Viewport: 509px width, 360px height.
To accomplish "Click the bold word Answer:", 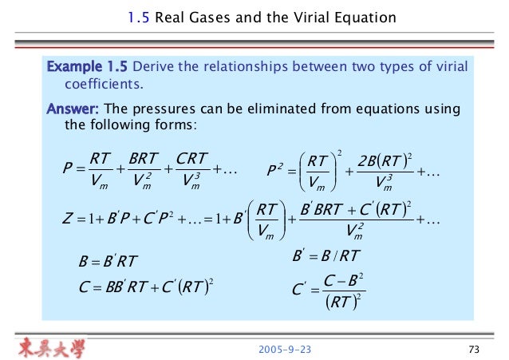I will coord(74,108).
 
